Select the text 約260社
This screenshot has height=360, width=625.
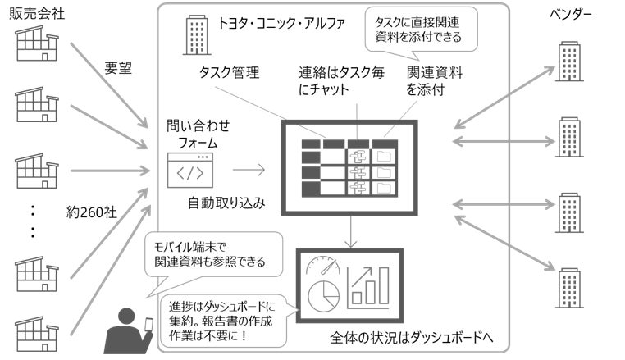[x=93, y=212]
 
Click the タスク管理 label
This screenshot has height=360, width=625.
[x=229, y=73]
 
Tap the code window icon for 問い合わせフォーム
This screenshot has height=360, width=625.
[x=191, y=171]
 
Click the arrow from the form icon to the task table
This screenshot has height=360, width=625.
[x=249, y=171]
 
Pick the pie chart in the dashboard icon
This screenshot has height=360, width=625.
[x=322, y=293]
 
